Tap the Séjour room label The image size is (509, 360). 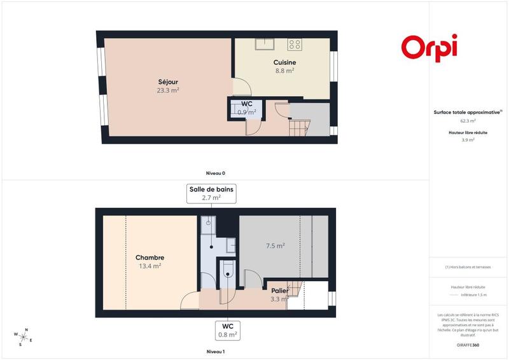click(168, 82)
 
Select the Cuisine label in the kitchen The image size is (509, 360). click(284, 62)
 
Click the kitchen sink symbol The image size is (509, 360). click(265, 44)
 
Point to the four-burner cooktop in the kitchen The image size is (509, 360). click(294, 44)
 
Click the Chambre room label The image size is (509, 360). click(150, 258)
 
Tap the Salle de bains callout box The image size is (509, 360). click(211, 193)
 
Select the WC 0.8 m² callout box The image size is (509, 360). click(228, 330)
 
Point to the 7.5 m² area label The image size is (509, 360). click(275, 246)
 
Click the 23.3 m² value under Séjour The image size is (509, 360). click(168, 90)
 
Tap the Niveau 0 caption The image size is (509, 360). click(215, 173)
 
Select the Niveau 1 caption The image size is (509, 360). click(215, 351)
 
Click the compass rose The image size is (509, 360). click(23, 336)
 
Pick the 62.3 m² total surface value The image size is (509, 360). click(468, 120)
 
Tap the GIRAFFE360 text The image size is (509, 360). click(468, 344)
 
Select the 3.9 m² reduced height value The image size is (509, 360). click(468, 140)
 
